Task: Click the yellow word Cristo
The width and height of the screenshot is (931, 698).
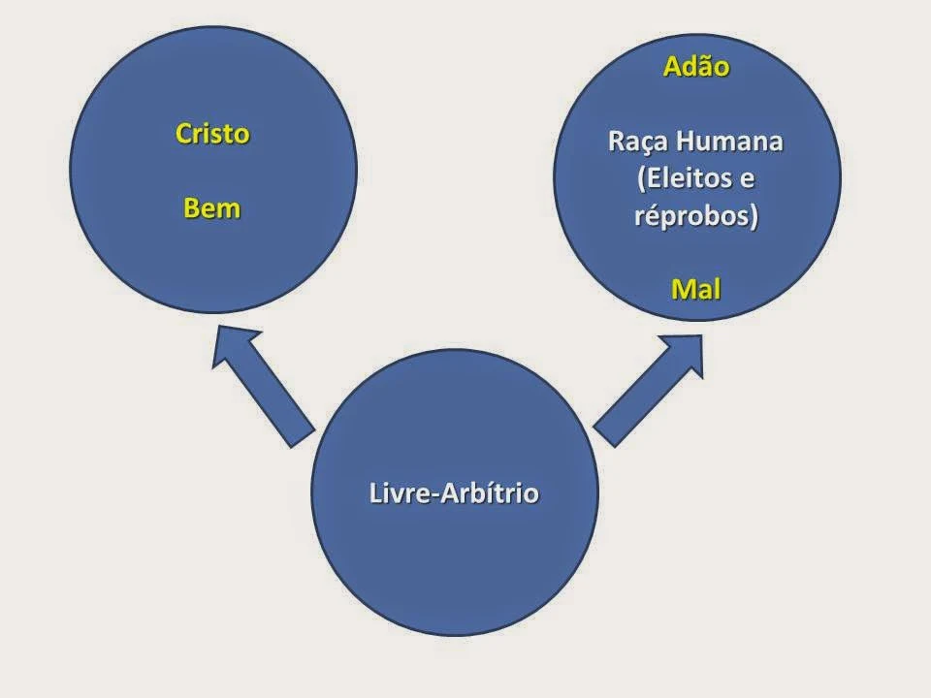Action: click(212, 135)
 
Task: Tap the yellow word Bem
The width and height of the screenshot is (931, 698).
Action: click(212, 208)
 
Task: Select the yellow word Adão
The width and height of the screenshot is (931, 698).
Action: click(695, 68)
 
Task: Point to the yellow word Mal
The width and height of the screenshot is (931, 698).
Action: click(695, 288)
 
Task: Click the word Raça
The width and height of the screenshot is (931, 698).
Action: click(636, 142)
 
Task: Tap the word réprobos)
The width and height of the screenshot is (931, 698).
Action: click(695, 215)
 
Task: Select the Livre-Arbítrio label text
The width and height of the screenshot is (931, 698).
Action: click(454, 493)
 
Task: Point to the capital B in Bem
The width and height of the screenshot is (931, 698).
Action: click(192, 208)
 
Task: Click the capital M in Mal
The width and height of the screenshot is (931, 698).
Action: click(679, 288)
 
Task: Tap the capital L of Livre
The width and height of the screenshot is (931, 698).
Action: click(375, 493)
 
